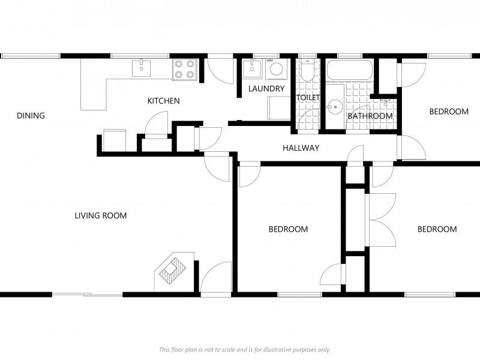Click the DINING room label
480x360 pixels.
click(x=31, y=116)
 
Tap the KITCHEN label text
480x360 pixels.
click(x=163, y=101)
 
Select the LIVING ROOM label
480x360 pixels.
click(x=101, y=215)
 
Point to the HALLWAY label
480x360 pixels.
click(x=301, y=148)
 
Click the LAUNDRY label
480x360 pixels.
click(x=266, y=89)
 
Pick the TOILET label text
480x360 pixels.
click(x=308, y=98)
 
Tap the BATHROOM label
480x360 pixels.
click(x=370, y=116)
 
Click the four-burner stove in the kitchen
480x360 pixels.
click(x=185, y=70)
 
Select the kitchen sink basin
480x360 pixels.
click(x=142, y=68)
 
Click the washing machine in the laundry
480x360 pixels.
click(x=277, y=69)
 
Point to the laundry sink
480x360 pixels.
click(x=252, y=69)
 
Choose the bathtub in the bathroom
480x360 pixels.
click(x=350, y=70)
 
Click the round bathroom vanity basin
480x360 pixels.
click(x=335, y=107)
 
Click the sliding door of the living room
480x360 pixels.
click(x=87, y=295)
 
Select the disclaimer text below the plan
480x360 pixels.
click(x=245, y=349)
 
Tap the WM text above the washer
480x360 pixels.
click(x=269, y=61)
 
